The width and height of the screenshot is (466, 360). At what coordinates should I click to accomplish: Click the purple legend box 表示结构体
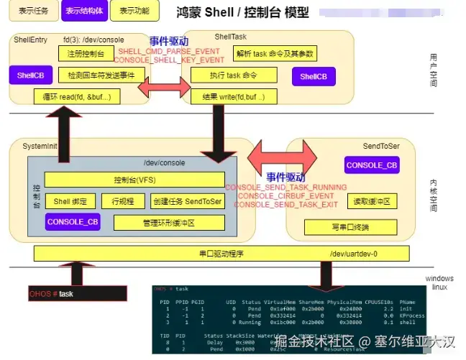click(83, 11)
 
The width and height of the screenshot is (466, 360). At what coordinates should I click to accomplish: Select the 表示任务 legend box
click(34, 11)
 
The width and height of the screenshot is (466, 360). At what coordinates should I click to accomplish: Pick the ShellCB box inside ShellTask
click(314, 76)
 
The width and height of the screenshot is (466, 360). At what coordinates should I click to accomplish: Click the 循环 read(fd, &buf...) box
click(77, 96)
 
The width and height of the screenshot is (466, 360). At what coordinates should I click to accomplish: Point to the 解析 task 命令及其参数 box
click(276, 53)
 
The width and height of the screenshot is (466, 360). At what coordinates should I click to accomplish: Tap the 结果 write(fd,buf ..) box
click(234, 96)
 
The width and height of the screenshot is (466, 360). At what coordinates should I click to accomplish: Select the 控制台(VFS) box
click(134, 180)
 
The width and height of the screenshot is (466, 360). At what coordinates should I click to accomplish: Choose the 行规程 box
click(118, 202)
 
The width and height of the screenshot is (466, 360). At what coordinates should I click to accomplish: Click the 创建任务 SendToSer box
click(188, 202)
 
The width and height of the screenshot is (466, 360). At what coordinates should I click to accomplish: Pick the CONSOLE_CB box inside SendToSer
click(371, 166)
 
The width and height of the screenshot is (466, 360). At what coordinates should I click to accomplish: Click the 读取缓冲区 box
click(372, 202)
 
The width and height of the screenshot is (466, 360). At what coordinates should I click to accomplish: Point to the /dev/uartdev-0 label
click(353, 254)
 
